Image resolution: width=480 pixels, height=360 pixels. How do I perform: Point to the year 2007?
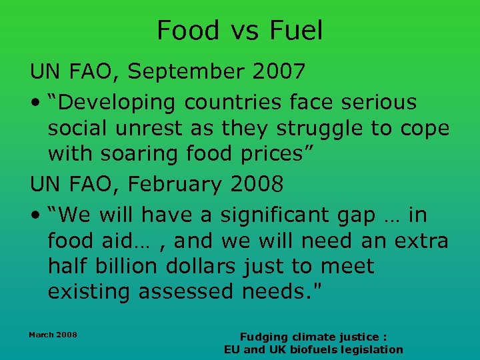click(279, 71)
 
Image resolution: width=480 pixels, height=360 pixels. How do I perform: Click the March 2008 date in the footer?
click(53, 334)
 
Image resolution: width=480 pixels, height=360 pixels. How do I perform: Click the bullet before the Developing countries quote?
click(34, 103)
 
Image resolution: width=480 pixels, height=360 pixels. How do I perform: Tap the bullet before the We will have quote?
click(34, 216)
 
